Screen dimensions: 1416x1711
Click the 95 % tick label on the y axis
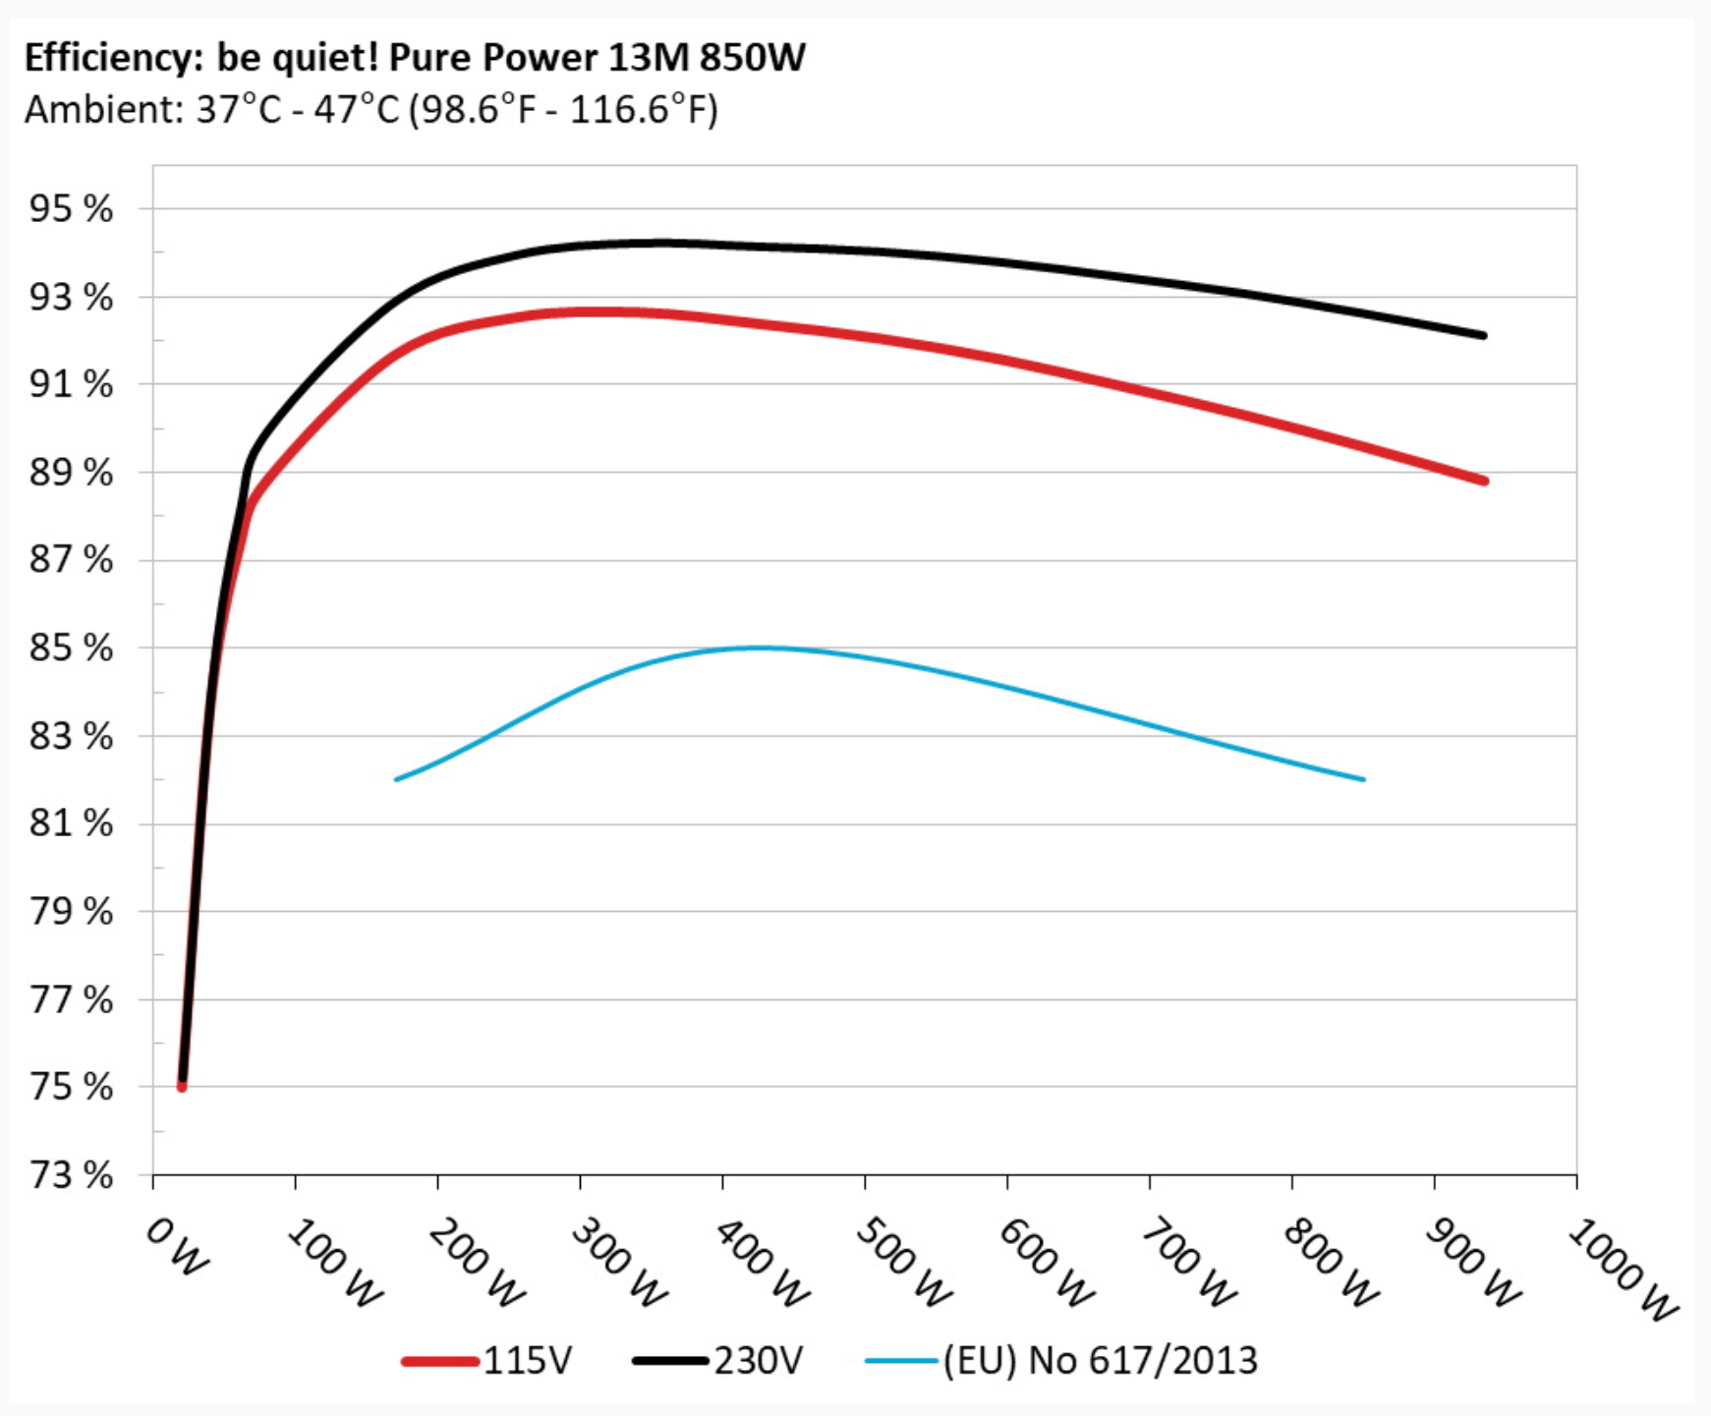coord(71,209)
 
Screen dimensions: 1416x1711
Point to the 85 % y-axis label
coord(71,649)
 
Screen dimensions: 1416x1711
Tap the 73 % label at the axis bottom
coord(71,1175)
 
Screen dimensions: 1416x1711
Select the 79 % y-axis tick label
coord(71,912)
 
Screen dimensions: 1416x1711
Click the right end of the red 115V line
coord(1483,481)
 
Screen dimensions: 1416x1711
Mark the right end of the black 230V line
coord(1483,335)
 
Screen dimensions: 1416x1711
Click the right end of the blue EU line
coord(1363,779)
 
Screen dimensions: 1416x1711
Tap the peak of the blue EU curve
coord(762,648)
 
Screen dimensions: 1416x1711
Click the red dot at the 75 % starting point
coord(182,1086)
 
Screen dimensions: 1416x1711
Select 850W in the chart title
coord(752,58)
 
